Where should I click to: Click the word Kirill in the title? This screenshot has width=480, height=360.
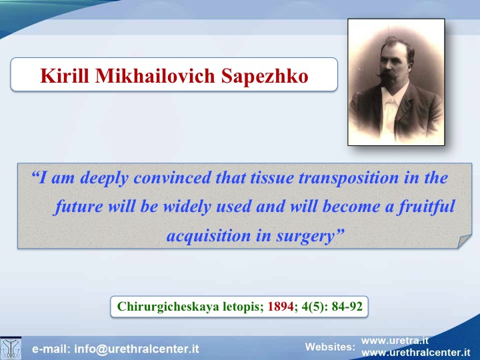point(65,75)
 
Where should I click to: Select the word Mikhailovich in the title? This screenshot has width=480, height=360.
point(155,75)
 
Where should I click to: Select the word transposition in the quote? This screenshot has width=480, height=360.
point(349,178)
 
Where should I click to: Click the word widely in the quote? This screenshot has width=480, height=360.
point(187,207)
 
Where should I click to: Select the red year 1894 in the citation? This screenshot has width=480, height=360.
point(281,306)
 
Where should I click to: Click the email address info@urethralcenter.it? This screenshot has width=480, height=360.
point(137,349)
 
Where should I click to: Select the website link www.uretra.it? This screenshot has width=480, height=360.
point(395,341)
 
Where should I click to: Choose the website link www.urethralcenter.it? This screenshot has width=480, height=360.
point(416,353)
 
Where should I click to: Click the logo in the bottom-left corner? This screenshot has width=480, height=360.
point(11,349)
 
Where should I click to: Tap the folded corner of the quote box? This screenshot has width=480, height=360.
point(464,241)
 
